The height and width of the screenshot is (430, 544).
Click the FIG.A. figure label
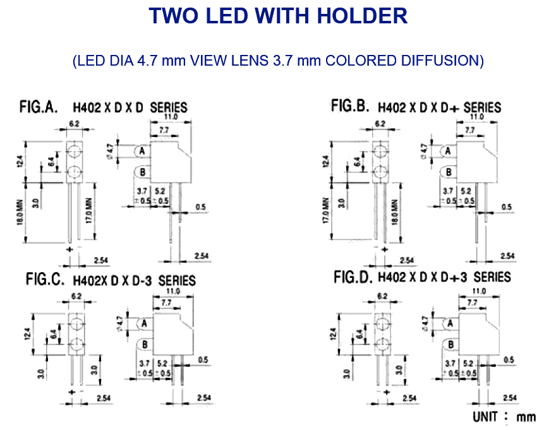(x=39, y=107)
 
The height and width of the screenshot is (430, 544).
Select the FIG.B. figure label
(x=350, y=106)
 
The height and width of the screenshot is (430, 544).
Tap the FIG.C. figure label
(x=45, y=279)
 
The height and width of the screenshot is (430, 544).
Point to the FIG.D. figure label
(x=351, y=277)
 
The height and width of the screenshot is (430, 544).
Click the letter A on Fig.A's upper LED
(x=143, y=152)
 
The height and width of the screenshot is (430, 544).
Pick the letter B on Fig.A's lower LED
(x=143, y=172)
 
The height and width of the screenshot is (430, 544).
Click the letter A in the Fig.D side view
(x=449, y=323)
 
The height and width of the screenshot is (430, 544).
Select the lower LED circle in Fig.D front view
(x=381, y=345)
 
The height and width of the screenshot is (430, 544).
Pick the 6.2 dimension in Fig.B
(x=380, y=124)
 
